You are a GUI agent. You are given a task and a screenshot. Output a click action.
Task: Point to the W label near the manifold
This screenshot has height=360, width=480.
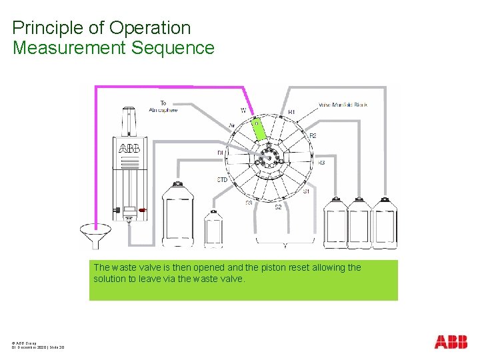pyautogui.click(x=243, y=110)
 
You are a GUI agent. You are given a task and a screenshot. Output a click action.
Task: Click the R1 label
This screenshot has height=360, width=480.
pyautogui.click(x=291, y=112)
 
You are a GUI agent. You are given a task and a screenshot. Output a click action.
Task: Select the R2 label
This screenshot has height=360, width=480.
pyautogui.click(x=313, y=136)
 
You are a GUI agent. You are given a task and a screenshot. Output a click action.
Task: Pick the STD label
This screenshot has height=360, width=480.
pyautogui.click(x=223, y=180)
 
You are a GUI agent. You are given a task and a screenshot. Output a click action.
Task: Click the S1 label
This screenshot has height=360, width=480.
pyautogui.click(x=306, y=191)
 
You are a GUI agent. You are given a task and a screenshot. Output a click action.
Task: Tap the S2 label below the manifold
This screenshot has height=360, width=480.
pyautogui.click(x=279, y=207)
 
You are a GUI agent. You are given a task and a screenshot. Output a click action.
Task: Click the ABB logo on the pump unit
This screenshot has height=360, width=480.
pyautogui.click(x=129, y=148)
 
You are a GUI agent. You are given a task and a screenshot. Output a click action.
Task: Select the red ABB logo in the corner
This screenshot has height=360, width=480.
pyautogui.click(x=451, y=342)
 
